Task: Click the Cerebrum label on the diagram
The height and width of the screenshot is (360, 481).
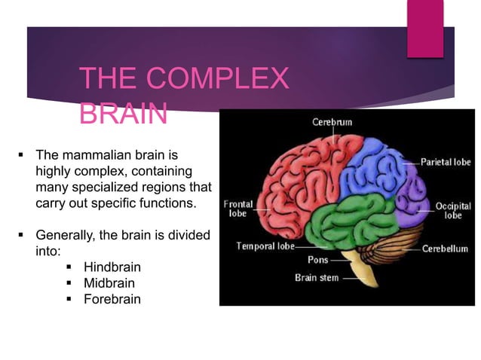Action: tap(332, 121)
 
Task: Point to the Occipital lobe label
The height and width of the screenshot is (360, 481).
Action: tap(453, 209)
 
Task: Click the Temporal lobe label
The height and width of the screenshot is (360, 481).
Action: tap(264, 246)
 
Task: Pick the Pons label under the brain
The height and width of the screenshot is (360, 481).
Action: tap(317, 260)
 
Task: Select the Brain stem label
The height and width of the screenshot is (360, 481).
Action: tap(316, 277)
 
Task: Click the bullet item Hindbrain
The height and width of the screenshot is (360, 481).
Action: tap(112, 267)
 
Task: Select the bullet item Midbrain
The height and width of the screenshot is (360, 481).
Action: tap(109, 283)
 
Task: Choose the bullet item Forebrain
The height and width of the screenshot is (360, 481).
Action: tap(112, 299)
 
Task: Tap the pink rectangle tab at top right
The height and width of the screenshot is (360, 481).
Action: tap(425, 29)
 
